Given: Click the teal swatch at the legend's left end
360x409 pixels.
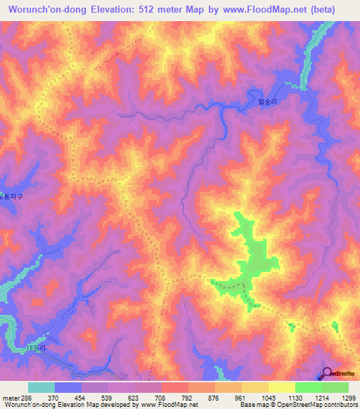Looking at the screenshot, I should tap(41, 387).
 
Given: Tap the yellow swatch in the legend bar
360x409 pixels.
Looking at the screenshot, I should tap(281, 387).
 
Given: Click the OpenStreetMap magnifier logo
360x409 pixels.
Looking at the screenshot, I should tap(328, 372).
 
